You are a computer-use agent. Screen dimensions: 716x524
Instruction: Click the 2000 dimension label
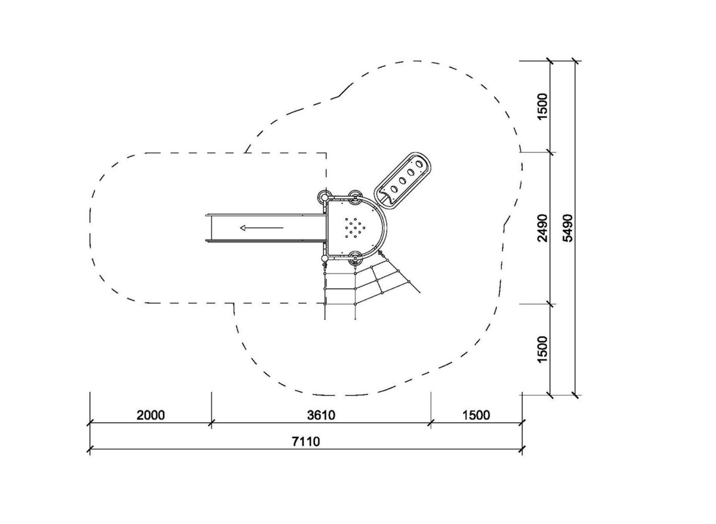[150, 415]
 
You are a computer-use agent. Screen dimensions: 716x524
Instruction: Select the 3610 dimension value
[321, 415]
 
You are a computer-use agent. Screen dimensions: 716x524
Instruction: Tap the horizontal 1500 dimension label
[476, 415]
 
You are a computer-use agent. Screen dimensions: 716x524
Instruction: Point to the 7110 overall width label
[306, 442]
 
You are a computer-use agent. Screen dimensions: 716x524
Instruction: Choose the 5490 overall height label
[568, 228]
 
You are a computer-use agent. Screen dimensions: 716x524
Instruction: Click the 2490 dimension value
[542, 228]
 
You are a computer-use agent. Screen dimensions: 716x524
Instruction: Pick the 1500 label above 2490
[542, 106]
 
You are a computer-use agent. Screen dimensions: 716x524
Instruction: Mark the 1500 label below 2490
[542, 350]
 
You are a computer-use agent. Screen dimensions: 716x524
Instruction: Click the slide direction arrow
[261, 228]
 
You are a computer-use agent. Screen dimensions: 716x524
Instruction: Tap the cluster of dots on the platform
[355, 228]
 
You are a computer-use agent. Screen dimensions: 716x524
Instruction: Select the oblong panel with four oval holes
[403, 181]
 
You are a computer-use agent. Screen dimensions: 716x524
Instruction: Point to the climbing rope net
[371, 285]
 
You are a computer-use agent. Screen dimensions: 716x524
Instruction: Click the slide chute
[266, 228]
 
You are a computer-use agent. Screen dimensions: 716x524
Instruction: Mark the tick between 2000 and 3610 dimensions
[211, 423]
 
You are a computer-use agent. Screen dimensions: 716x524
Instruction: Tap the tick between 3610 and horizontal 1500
[431, 423]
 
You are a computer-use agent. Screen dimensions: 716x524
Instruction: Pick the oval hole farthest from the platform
[419, 164]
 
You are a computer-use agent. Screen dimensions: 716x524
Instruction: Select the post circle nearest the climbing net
[355, 258]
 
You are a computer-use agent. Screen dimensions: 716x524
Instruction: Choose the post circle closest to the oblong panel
[355, 198]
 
